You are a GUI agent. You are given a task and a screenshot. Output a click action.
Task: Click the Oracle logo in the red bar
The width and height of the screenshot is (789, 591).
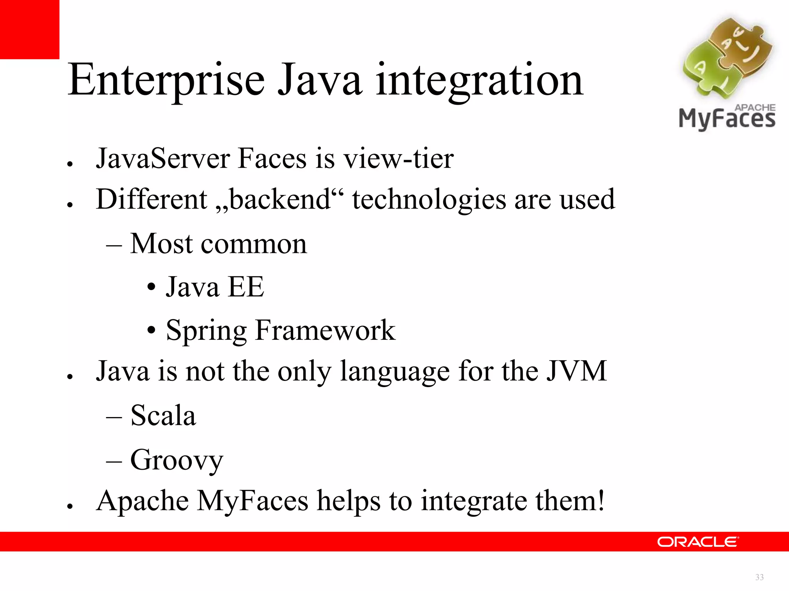click(x=698, y=542)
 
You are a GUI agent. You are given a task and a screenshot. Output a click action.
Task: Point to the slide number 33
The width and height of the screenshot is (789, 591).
click(x=759, y=577)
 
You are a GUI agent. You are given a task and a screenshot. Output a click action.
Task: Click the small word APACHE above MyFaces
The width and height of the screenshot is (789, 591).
click(x=755, y=107)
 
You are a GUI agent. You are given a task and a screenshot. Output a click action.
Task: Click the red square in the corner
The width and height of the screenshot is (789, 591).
click(x=29, y=29)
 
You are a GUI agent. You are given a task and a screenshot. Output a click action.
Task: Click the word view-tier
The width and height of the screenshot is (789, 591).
click(x=398, y=159)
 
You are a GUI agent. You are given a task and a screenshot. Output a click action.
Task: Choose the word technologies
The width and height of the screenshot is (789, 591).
click(x=429, y=200)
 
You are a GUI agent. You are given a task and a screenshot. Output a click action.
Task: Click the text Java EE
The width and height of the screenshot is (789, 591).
click(x=215, y=287)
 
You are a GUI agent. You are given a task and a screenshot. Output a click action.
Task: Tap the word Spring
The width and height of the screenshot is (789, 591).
click(x=206, y=331)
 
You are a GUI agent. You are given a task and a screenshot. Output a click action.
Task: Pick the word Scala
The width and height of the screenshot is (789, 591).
click(x=163, y=416)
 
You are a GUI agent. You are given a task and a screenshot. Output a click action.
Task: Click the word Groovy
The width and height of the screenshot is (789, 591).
click(x=176, y=460)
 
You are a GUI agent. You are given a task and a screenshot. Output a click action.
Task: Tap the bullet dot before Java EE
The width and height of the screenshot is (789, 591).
click(x=151, y=287)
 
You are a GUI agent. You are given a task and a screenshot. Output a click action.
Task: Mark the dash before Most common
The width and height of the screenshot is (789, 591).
click(x=114, y=245)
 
